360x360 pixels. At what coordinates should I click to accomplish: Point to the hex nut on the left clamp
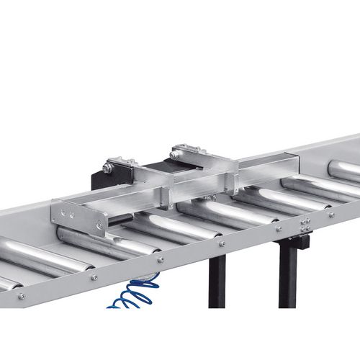[x=107, y=168]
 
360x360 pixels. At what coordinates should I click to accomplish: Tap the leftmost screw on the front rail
[x=21, y=295]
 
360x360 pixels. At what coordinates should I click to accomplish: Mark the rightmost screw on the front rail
[x=330, y=214]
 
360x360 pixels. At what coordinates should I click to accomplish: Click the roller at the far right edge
[x=344, y=171]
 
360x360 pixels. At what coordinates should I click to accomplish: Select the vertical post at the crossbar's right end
[x=230, y=180]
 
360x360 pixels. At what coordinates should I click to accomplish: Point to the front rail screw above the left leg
[x=221, y=243]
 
